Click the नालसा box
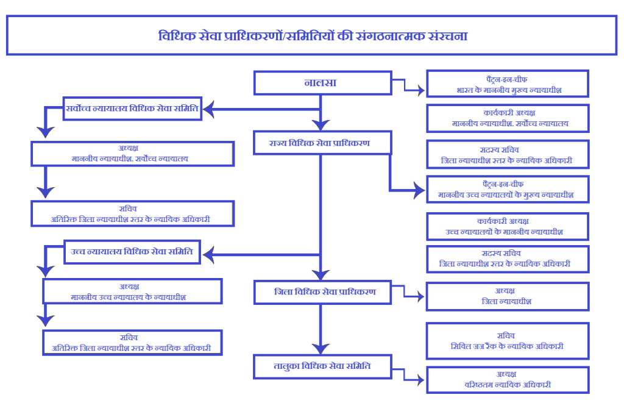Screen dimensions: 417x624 [322, 83]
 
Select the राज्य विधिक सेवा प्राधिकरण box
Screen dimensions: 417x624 [322, 143]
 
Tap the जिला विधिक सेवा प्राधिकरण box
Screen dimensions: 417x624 [322, 292]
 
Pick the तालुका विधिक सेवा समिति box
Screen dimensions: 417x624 [322, 366]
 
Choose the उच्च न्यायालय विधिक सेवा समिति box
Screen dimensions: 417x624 [132, 251]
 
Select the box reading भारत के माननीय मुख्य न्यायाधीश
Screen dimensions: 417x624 [507, 84]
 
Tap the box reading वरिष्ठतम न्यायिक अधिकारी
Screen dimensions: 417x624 [507, 379]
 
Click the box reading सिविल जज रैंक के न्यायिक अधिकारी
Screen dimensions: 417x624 [507, 341]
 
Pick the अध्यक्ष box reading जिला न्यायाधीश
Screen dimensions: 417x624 [507, 296]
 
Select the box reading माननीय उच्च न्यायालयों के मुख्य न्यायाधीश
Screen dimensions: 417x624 [507, 190]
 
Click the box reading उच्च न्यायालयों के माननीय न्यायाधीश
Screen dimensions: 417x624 [507, 226]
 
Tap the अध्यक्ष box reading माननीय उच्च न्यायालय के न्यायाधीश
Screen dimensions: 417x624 [132, 291]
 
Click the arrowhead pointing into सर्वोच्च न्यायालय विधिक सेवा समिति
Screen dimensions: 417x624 [208, 110]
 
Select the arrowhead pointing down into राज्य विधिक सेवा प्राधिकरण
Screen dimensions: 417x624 [321, 126]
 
